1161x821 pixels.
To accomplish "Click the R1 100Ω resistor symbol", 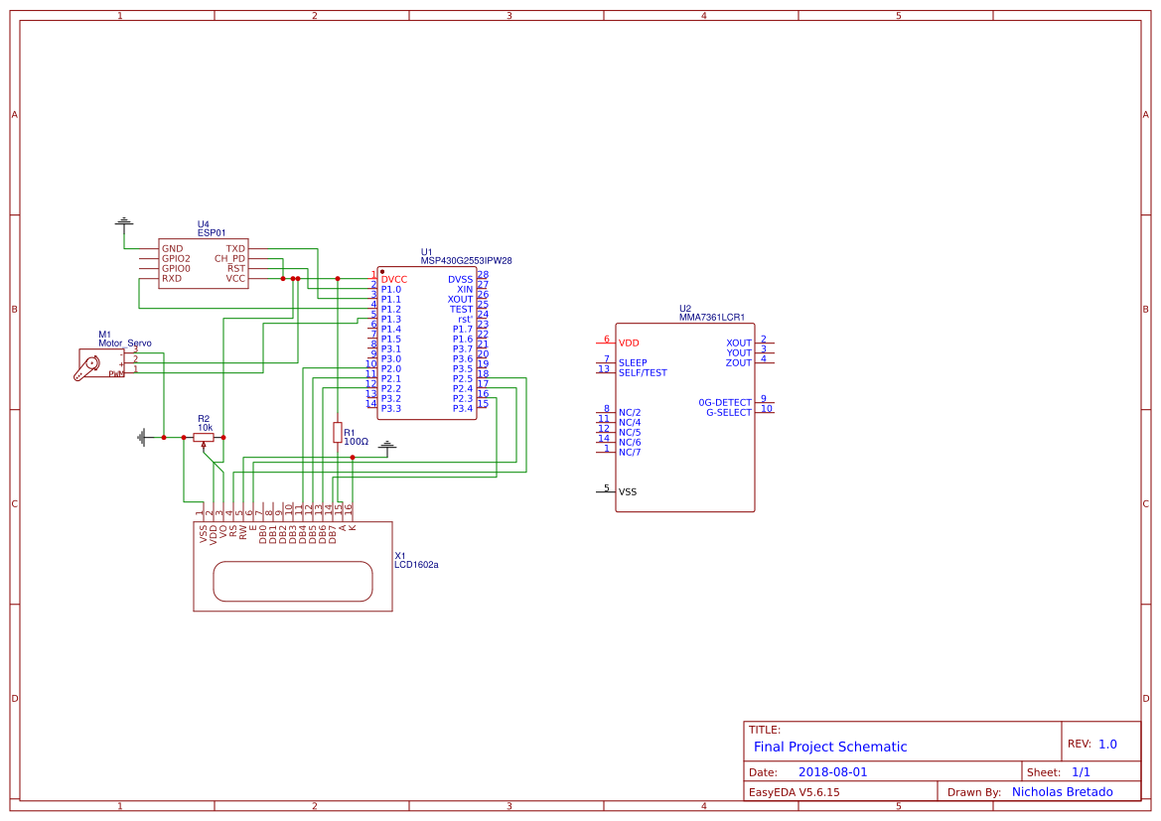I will pyautogui.click(x=338, y=432).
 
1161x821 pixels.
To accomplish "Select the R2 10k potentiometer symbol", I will pyautogui.click(x=204, y=437).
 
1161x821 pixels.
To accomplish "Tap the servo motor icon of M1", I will pyautogui.click(x=88, y=365).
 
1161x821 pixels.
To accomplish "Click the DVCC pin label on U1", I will pyautogui.click(x=394, y=280).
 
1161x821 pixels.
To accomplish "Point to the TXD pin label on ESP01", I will pyautogui.click(x=235, y=249).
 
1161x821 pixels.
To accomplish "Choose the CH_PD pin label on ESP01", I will pyautogui.click(x=229, y=259).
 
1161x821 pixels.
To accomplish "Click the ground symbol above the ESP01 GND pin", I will pyautogui.click(x=123, y=222).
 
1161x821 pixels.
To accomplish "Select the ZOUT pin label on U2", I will pyautogui.click(x=739, y=363).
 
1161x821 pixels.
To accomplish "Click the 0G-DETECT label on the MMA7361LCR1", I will pyautogui.click(x=725, y=402).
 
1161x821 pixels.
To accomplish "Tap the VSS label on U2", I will pyautogui.click(x=628, y=492).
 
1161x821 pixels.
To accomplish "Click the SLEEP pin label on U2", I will pyautogui.click(x=633, y=363).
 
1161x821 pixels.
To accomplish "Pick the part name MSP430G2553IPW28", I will pyautogui.click(x=466, y=261).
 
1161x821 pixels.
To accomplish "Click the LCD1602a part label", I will pyautogui.click(x=416, y=565).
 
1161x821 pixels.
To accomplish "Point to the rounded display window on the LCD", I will pyautogui.click(x=293, y=581).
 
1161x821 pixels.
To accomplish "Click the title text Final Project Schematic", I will pyautogui.click(x=830, y=747).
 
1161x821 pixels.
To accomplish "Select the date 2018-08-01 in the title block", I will pyautogui.click(x=832, y=771).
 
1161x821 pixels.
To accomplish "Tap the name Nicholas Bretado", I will pyautogui.click(x=1062, y=792).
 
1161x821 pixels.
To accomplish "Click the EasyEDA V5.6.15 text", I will pyautogui.click(x=794, y=792).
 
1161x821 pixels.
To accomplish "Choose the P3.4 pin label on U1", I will pyautogui.click(x=463, y=409).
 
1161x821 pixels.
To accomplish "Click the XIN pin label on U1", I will pyautogui.click(x=465, y=290).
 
